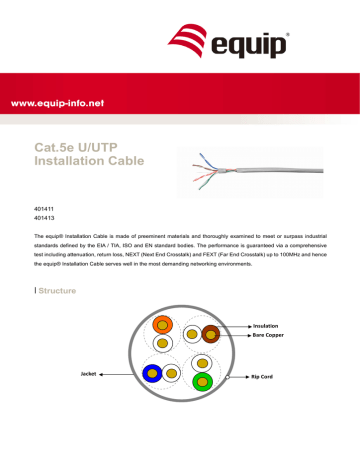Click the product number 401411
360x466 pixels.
(45, 208)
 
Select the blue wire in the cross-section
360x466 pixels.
(153, 401)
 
